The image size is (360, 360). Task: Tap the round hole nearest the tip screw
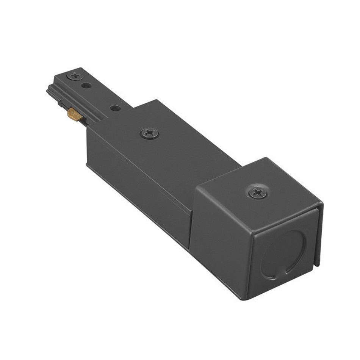(87, 86)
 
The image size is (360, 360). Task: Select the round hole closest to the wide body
(115, 108)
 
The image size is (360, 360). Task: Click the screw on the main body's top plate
(149, 133)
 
